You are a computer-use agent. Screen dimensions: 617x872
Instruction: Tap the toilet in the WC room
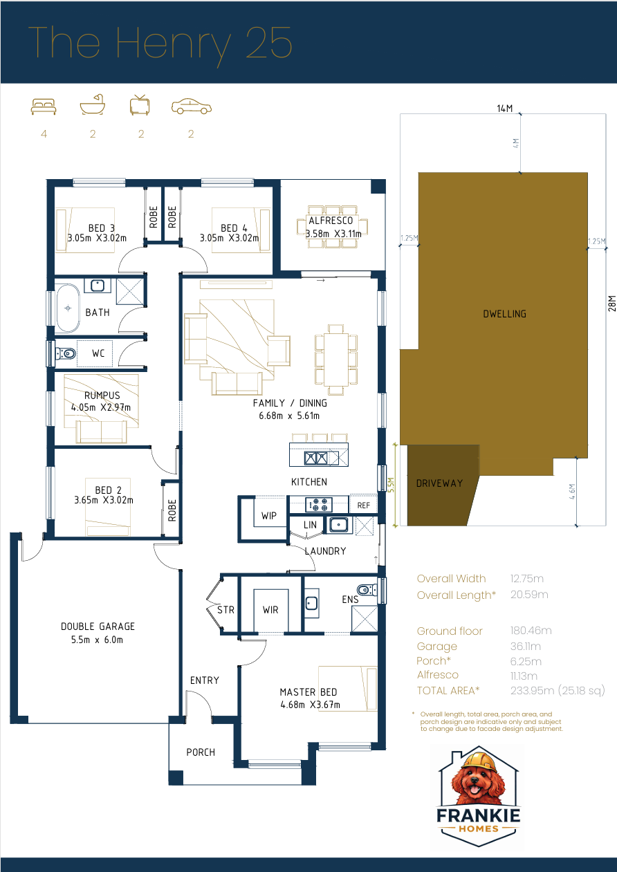pyautogui.click(x=66, y=354)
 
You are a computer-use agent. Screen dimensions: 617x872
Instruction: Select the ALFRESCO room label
pyautogui.click(x=330, y=221)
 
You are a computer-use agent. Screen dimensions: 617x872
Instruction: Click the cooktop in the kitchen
pyautogui.click(x=320, y=504)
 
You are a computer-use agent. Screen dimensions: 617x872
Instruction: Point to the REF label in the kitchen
pyautogui.click(x=364, y=505)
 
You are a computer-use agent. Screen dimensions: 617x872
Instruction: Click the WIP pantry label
pyautogui.click(x=269, y=517)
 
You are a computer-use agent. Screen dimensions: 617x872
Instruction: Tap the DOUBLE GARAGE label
pyautogui.click(x=98, y=627)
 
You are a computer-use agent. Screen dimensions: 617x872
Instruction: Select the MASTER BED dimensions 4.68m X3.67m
pyautogui.click(x=309, y=705)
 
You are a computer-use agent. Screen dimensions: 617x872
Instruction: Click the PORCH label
pyautogui.click(x=201, y=752)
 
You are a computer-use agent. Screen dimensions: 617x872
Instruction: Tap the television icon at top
pyautogui.click(x=140, y=105)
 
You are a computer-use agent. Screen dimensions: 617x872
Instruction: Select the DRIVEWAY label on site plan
pyautogui.click(x=439, y=483)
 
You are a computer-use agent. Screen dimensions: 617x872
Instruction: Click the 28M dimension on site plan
pyautogui.click(x=611, y=304)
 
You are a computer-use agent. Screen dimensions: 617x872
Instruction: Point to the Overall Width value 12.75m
pyautogui.click(x=527, y=579)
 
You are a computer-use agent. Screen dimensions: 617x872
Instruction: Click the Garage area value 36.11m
pyautogui.click(x=526, y=647)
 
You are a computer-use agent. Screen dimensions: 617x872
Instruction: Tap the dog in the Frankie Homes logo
pyautogui.click(x=477, y=779)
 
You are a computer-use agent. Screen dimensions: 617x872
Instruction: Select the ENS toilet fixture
pyautogui.click(x=368, y=590)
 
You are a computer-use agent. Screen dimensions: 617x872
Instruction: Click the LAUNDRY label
pyautogui.click(x=325, y=551)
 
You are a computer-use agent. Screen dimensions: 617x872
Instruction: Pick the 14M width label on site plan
pyautogui.click(x=504, y=108)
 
